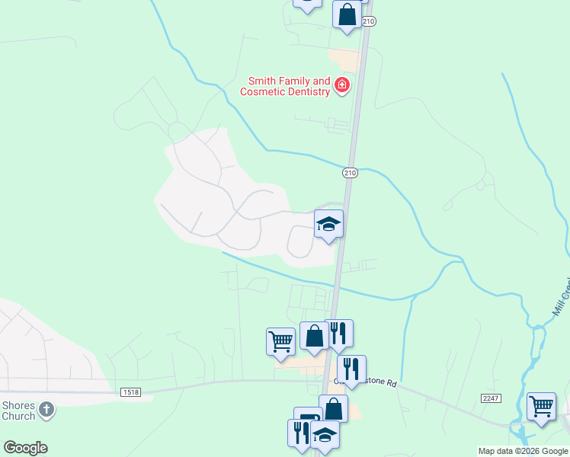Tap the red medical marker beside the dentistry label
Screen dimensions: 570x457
pos(342,85)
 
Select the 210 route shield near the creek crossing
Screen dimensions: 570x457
pos(350,173)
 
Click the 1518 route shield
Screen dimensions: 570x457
pos(130,391)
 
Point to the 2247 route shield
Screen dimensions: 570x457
pos(490,398)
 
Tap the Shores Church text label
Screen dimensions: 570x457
pos(18,411)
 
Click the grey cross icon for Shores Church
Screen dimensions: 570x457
pos(46,410)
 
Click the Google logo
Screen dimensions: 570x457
pos(25,447)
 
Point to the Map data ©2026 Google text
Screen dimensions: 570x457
pos(523,451)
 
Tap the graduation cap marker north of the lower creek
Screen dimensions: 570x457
pos(328,224)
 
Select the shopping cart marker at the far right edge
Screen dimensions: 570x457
pos(541,406)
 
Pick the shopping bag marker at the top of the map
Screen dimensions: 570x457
pos(347,14)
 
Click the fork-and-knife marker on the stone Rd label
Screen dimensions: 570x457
pos(351,369)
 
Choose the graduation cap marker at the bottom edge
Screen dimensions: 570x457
pos(325,435)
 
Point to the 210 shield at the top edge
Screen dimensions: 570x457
pos(369,22)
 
